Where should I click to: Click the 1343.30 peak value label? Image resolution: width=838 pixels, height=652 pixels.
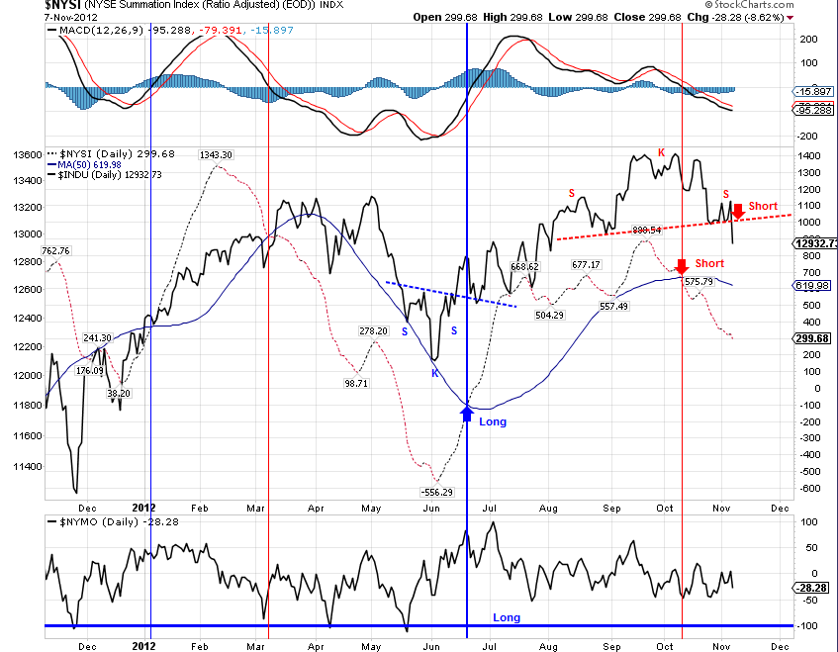[215, 154]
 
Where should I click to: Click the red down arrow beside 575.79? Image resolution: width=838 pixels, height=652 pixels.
[681, 266]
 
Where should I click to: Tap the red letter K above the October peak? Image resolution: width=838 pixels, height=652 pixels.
[661, 152]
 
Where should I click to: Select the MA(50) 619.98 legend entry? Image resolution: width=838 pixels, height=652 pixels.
[84, 164]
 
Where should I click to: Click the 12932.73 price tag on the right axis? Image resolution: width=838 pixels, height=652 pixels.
[815, 242]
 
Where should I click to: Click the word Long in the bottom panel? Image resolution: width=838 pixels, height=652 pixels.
[507, 617]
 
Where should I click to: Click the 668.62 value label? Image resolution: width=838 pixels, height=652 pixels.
[523, 266]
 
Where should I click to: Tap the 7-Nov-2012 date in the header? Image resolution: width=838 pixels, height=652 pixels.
[29, 18]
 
